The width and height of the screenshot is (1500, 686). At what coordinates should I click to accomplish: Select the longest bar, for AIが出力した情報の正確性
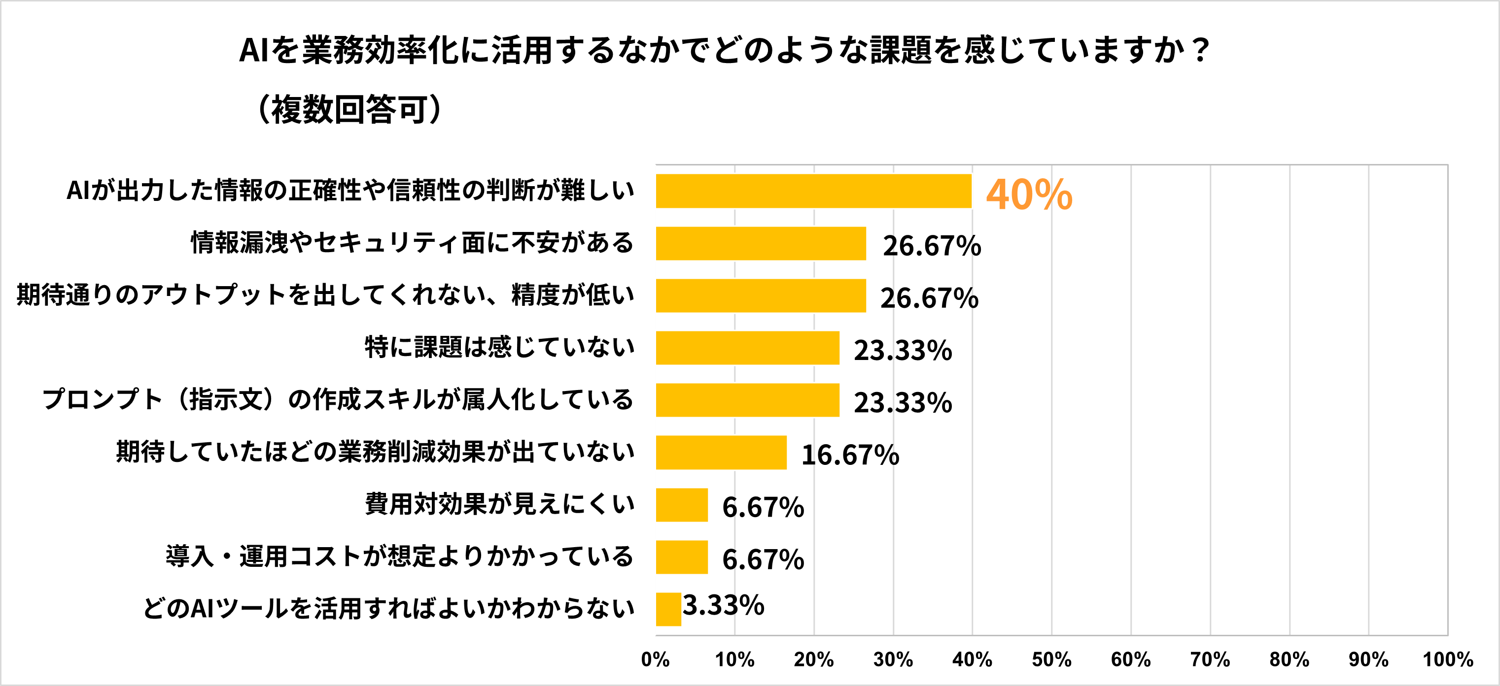coord(813,191)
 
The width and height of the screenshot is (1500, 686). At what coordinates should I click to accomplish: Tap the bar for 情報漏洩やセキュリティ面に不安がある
coord(761,243)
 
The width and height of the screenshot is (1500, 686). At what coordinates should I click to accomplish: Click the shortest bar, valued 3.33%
coord(668,609)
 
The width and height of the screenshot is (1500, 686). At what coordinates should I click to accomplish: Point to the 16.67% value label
coord(850,455)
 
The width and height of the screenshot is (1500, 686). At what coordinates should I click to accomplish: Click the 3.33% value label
coord(723,605)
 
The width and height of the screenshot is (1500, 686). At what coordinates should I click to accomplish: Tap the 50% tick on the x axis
coord(1051,659)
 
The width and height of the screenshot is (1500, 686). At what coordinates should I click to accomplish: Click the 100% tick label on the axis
coord(1448,659)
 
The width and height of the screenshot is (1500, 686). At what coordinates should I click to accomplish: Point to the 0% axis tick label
coord(655,659)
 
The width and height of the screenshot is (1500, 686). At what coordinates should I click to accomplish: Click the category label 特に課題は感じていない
coord(499,347)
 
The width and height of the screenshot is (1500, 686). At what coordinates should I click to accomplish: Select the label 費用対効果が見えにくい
coord(499,504)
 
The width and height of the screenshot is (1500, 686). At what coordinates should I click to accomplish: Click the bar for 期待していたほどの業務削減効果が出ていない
coord(721,452)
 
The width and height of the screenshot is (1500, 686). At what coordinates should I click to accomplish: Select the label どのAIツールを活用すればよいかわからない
coord(388,608)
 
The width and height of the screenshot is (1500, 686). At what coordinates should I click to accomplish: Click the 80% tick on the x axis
coord(1289,659)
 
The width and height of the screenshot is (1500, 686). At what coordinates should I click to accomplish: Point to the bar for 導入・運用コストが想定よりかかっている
coord(681,557)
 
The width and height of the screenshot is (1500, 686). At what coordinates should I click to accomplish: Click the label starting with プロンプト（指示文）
coord(337,399)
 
